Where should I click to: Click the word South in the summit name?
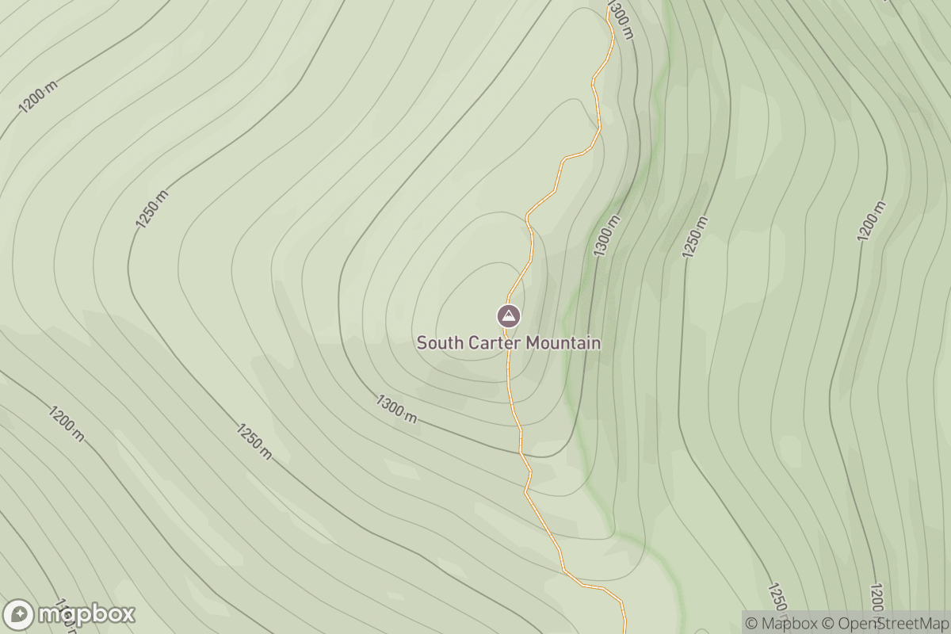[x=437, y=343]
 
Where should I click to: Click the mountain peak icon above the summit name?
[x=509, y=316]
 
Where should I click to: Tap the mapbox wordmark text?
[x=87, y=614]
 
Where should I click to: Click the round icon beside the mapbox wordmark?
[x=19, y=615]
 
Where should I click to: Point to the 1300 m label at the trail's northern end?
[x=621, y=19]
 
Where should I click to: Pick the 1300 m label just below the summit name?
[x=396, y=408]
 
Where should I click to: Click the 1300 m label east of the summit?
[x=606, y=235]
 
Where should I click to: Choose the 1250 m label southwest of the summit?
[x=254, y=441]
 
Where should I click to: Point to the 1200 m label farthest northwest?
[x=38, y=97]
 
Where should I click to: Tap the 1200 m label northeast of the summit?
[x=871, y=221]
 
